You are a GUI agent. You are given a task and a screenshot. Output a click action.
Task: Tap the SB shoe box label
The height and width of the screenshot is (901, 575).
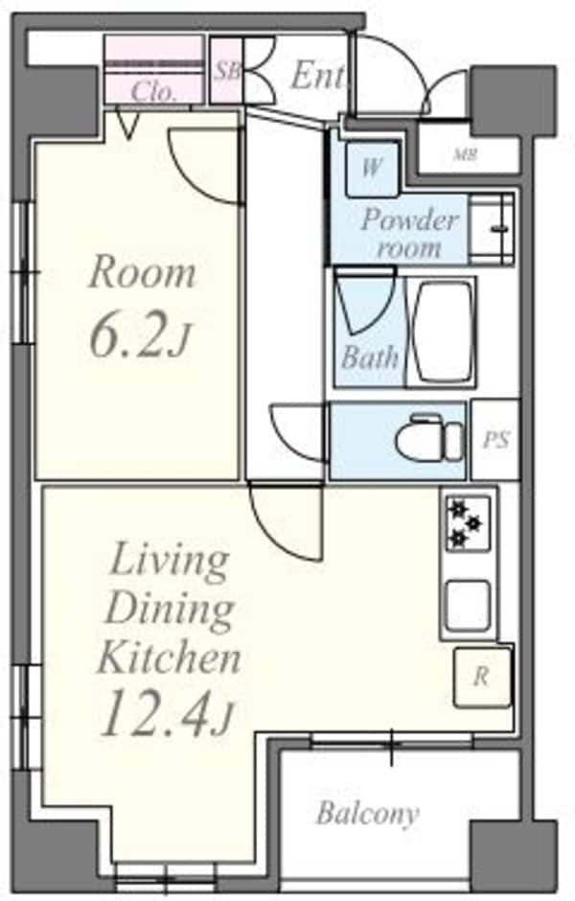227,71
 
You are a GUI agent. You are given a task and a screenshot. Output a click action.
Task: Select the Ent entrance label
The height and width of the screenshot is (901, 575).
318,76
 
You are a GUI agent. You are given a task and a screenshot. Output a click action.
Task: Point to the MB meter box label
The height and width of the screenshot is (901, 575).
466,154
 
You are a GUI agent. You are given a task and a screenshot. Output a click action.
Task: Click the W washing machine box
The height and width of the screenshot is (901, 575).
372,169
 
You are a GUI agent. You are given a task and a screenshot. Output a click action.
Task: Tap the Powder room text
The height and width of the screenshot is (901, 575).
409,233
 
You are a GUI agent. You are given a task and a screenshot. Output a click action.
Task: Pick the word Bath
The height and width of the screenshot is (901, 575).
370,358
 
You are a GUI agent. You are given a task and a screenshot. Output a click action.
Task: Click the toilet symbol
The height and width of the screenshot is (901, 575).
428,438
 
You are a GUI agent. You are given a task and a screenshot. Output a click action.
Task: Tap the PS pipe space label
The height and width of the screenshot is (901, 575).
495,440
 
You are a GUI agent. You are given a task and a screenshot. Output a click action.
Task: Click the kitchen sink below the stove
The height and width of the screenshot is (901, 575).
469,605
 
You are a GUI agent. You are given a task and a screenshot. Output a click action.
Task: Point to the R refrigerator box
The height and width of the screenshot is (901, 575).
482,677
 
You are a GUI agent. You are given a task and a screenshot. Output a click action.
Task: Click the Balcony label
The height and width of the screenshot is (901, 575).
368,814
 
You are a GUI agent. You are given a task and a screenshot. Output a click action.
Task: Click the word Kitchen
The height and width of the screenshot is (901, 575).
169,658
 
